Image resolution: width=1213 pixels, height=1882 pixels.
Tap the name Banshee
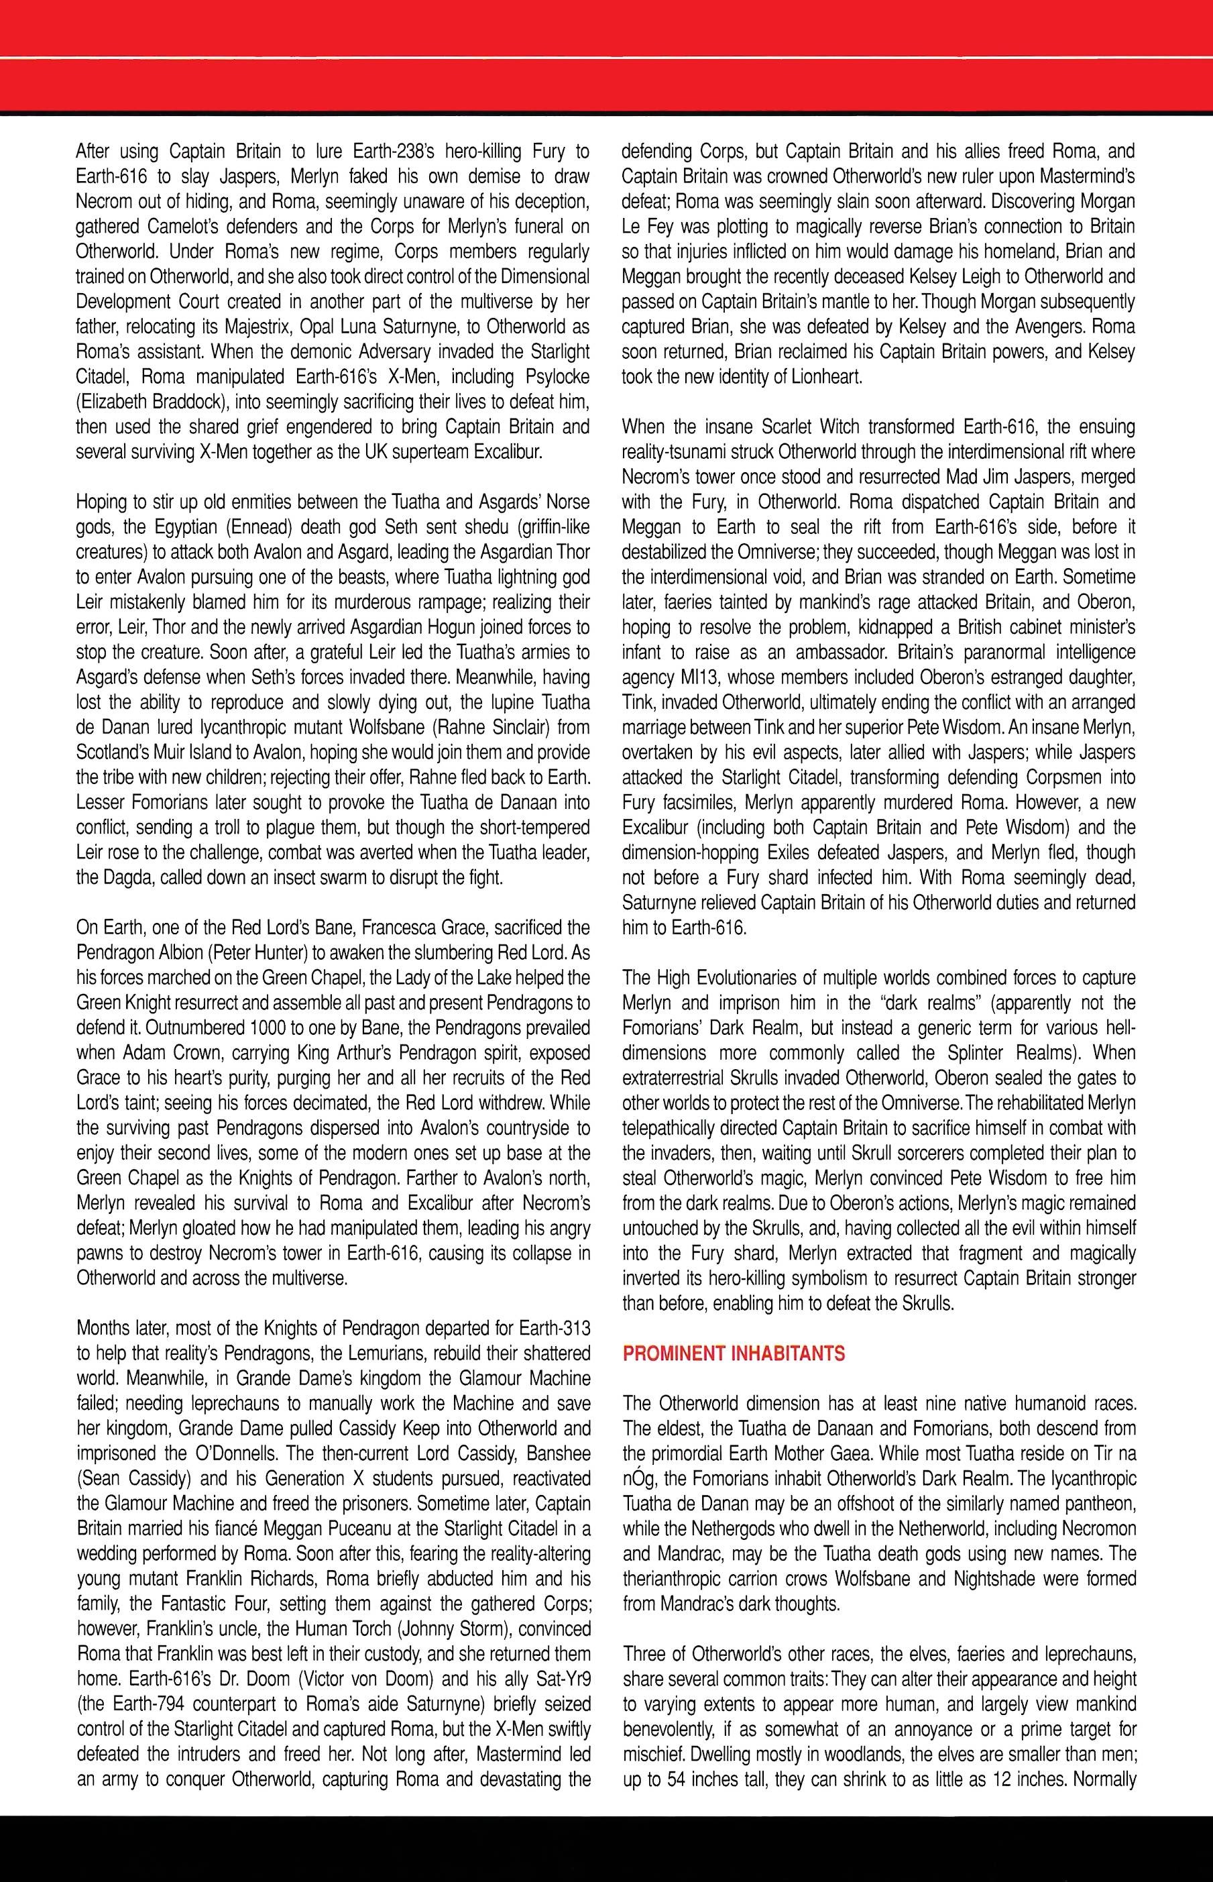click(551, 1454)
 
